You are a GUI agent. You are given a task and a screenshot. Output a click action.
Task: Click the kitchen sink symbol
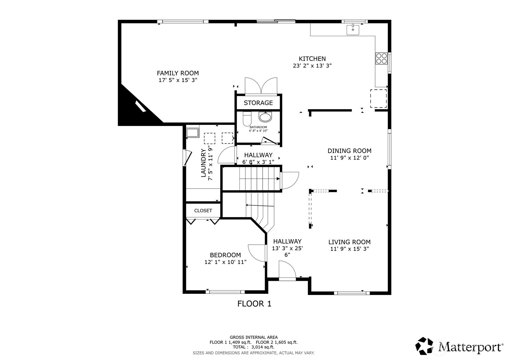(x=353, y=30)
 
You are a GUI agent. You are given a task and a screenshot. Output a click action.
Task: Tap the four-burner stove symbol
(x=381, y=58)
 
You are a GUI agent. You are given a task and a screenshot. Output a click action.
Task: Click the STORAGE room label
(x=258, y=103)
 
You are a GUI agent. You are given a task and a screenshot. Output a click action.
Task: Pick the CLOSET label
(x=203, y=211)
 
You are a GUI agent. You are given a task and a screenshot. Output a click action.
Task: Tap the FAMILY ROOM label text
(x=178, y=73)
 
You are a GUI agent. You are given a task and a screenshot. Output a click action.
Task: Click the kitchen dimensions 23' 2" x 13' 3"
(x=312, y=66)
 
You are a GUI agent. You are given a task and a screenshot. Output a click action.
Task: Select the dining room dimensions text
(x=349, y=157)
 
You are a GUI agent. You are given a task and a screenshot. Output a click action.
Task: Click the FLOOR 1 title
(x=254, y=304)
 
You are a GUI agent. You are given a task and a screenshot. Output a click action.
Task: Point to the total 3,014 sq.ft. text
(x=253, y=347)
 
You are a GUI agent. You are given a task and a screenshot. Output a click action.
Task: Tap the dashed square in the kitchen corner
(x=378, y=98)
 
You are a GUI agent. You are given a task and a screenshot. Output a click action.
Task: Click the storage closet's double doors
(x=261, y=86)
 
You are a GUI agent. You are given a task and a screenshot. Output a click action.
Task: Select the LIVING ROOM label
(x=349, y=242)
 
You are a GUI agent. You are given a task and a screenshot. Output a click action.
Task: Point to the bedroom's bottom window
(x=225, y=292)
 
